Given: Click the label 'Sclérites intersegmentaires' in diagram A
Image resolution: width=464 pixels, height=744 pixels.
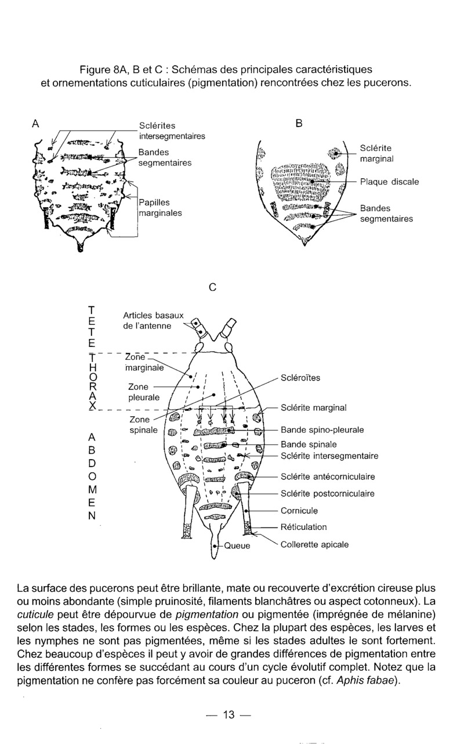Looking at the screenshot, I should (172, 131).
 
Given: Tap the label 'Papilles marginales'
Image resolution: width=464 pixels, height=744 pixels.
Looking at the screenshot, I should (161, 208).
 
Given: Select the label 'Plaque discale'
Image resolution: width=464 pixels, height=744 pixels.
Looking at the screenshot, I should (389, 182).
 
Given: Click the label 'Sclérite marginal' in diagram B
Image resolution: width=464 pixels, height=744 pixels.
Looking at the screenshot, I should (376, 153).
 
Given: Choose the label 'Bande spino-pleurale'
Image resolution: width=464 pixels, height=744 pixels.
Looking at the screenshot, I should (322, 431).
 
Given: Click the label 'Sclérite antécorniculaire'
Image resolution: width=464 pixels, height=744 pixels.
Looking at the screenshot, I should (327, 477).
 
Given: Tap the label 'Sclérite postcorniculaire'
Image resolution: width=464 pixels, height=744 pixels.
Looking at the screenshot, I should (327, 494).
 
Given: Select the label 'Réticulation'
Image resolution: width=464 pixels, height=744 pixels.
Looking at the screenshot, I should (303, 527).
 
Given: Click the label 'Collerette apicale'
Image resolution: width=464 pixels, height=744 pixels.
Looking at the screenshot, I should (314, 544).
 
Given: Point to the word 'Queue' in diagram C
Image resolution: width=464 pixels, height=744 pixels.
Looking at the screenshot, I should (237, 546).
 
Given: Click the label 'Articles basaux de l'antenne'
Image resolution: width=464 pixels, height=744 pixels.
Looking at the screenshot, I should (153, 320).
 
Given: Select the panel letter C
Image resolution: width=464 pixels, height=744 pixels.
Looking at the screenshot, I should (212, 287).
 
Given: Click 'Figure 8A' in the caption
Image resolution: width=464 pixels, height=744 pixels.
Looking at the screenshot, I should (103, 71).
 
